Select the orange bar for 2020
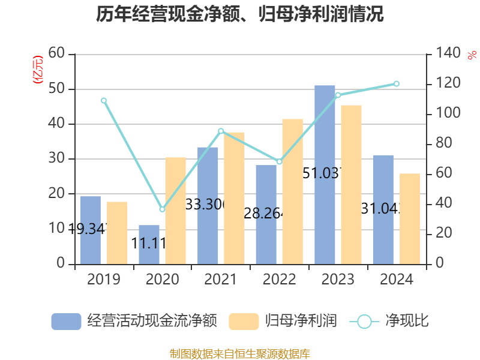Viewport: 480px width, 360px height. pyautogui.click(x=175, y=210)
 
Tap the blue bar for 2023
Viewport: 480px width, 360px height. pyautogui.click(x=325, y=174)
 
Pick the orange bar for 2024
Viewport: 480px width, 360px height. pyautogui.click(x=410, y=218)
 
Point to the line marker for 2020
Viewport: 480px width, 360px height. pyautogui.click(x=162, y=209)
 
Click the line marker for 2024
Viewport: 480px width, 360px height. pyautogui.click(x=397, y=83)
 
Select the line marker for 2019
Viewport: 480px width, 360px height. pyautogui.click(x=104, y=100)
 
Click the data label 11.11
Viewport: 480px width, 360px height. pyautogui.click(x=149, y=243)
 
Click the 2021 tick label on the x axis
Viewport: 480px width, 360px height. pyautogui.click(x=221, y=280)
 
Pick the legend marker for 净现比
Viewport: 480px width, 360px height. pyautogui.click(x=364, y=321)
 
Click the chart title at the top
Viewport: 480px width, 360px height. pyautogui.click(x=240, y=14)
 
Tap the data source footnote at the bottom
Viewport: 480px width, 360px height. pyautogui.click(x=240, y=353)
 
